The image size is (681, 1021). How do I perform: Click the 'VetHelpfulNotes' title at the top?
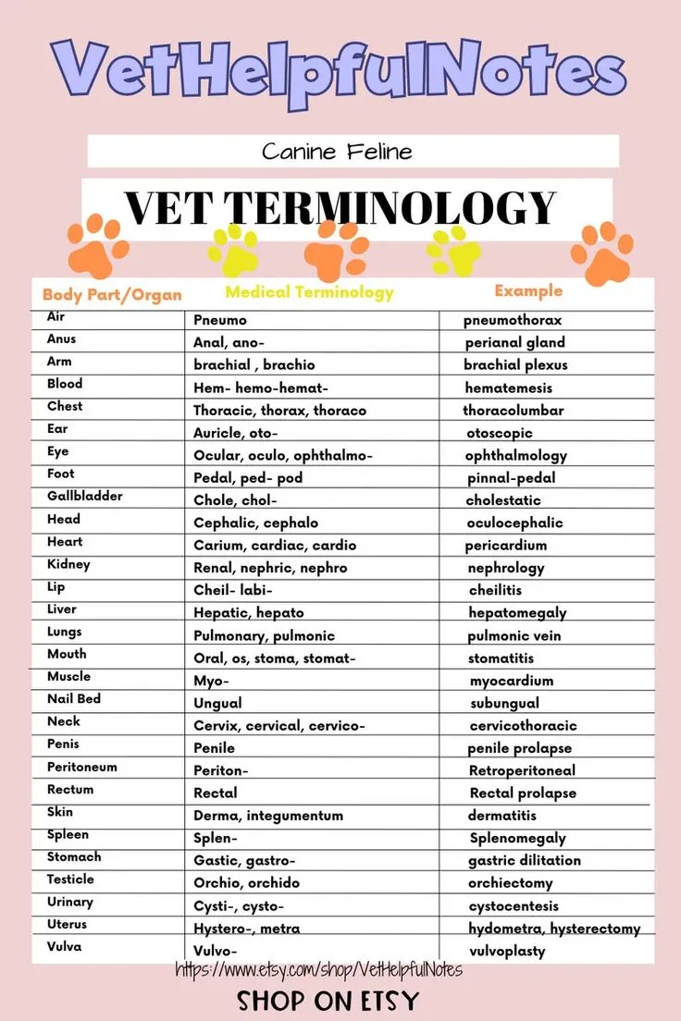pos(339,70)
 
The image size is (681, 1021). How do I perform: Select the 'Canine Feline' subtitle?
pos(336,151)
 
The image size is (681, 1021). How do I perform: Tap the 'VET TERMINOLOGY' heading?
pos(340,207)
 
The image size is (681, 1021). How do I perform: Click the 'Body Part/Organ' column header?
pos(112,295)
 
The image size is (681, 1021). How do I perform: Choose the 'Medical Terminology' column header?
pos(309,292)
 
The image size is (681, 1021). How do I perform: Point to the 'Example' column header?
pos(527,290)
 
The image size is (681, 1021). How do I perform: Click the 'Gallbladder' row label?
pos(85,497)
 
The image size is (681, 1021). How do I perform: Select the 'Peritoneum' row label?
pos(82,768)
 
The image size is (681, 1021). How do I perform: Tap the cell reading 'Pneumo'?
pos(220,320)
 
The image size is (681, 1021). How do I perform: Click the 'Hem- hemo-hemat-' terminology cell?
pos(261,387)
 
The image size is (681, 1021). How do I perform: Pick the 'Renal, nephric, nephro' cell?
pos(270,568)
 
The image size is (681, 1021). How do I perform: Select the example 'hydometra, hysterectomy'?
pos(553,929)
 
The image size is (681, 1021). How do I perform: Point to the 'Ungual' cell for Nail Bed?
pos(217,703)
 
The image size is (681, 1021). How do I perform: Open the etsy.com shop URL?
pos(318,970)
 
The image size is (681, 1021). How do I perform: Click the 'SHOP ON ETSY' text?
pos(328,1001)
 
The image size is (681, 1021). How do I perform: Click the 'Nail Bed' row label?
pos(74,699)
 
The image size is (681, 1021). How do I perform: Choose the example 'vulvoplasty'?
pos(507,951)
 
